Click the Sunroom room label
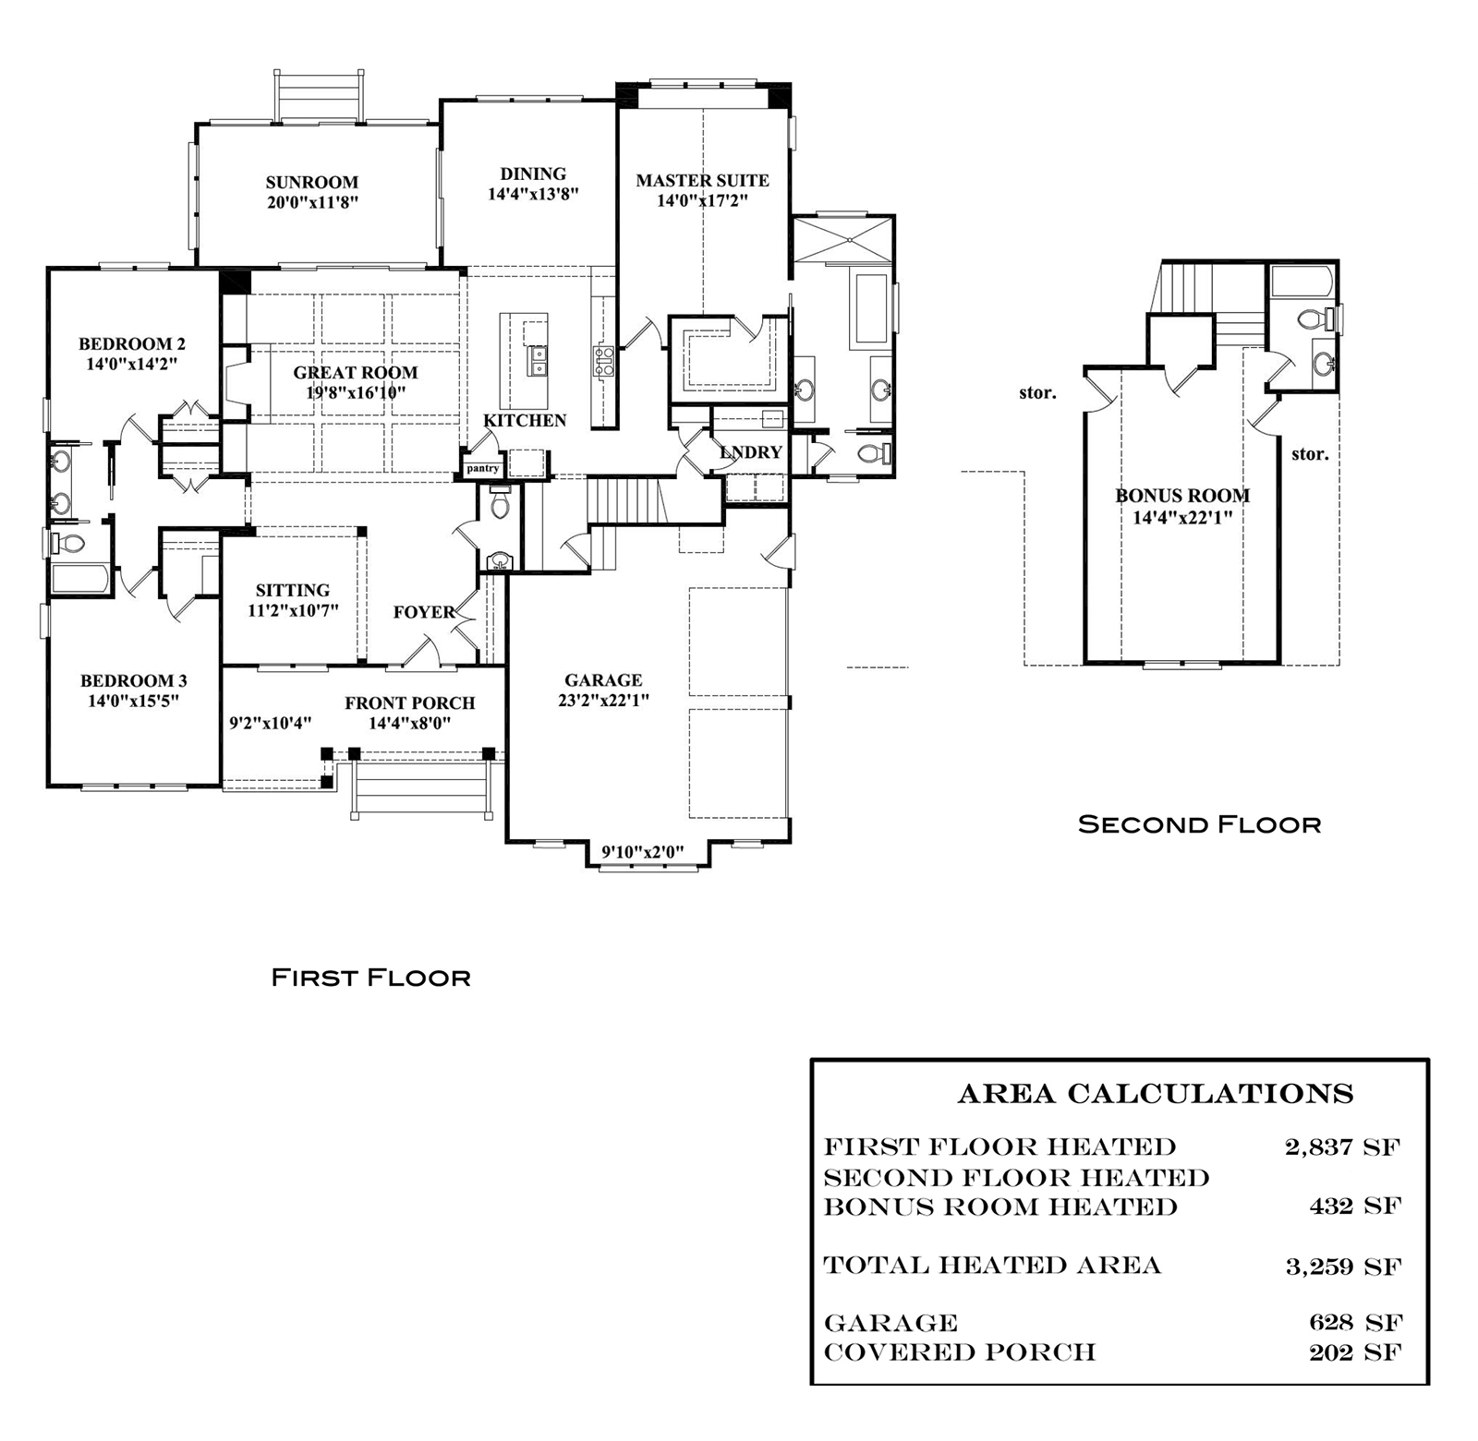click(312, 183)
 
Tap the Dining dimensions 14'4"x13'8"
click(533, 194)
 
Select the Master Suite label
click(702, 181)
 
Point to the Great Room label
click(356, 373)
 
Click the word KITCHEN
click(525, 421)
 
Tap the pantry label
click(482, 469)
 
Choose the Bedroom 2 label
click(132, 344)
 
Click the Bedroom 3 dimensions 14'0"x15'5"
click(133, 701)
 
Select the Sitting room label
click(293, 590)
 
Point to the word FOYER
click(424, 612)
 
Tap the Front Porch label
click(410, 703)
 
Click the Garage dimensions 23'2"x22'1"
click(603, 700)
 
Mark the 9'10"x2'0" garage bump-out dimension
click(643, 852)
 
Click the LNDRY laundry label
click(751, 452)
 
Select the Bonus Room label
click(1182, 496)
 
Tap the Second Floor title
click(1200, 824)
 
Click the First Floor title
click(371, 978)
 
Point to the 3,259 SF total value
click(1343, 1267)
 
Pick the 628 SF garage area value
click(1356, 1323)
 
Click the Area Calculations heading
click(1156, 1094)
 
